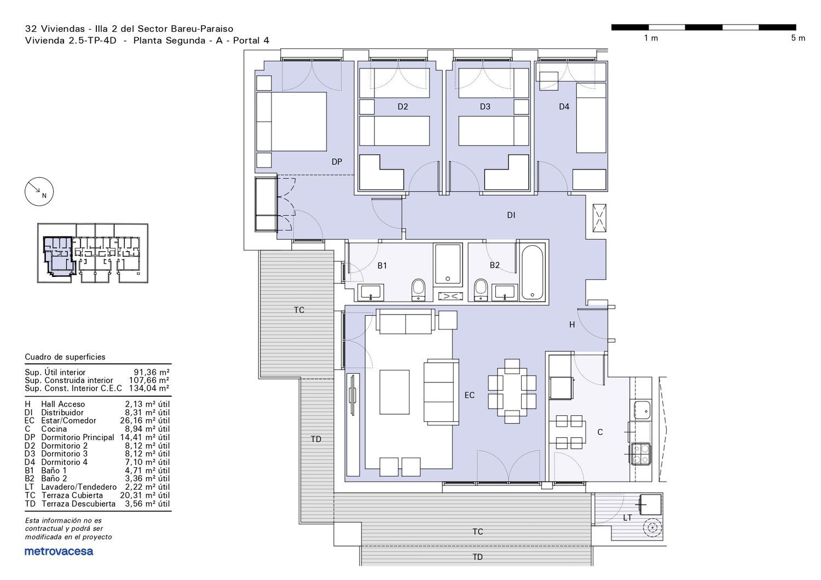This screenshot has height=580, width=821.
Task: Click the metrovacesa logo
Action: click(59, 552)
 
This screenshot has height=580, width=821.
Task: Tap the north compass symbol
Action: click(39, 192)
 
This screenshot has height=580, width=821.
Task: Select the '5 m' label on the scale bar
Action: click(798, 38)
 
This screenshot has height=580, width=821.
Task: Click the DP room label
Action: click(337, 161)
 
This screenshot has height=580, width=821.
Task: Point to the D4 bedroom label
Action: click(564, 107)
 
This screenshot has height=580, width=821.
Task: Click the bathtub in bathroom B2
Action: click(532, 272)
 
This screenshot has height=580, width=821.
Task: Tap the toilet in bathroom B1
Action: click(418, 290)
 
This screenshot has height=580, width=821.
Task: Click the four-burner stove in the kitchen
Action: click(641, 454)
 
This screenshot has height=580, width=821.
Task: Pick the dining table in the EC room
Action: click(512, 391)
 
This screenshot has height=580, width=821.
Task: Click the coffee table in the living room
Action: click(395, 392)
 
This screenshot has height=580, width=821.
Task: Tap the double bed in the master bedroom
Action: click(291, 121)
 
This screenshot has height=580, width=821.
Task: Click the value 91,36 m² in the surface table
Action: click(152, 373)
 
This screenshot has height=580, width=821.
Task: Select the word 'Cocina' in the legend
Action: click(54, 429)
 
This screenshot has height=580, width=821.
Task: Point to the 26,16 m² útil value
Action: click(145, 421)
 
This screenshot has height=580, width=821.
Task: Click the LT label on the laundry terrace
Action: click(627, 518)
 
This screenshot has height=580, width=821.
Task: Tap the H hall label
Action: click(572, 324)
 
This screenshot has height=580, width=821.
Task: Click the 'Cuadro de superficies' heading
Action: click(65, 357)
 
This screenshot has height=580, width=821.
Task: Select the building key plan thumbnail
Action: click(92, 253)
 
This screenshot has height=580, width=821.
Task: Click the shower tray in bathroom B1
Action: click(448, 264)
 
